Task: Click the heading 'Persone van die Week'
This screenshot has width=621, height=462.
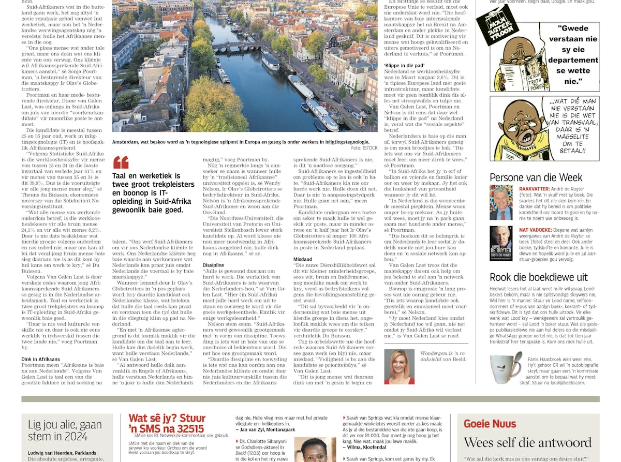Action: (536, 177)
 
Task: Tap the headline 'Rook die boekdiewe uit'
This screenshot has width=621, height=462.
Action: (539, 277)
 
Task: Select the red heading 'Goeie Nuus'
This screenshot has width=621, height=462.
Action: (490, 424)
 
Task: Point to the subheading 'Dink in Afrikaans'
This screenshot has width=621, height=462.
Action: (41, 359)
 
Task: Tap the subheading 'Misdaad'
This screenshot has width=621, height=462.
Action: (303, 259)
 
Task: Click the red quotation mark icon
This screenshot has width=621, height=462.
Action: (121, 162)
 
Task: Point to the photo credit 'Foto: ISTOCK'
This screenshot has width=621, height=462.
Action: (364, 148)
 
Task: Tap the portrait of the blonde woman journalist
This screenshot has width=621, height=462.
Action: (399, 366)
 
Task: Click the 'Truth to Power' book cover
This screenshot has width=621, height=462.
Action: (501, 243)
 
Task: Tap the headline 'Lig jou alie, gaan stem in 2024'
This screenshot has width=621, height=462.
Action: (65, 430)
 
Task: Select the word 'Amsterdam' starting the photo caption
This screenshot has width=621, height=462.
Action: (127, 142)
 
